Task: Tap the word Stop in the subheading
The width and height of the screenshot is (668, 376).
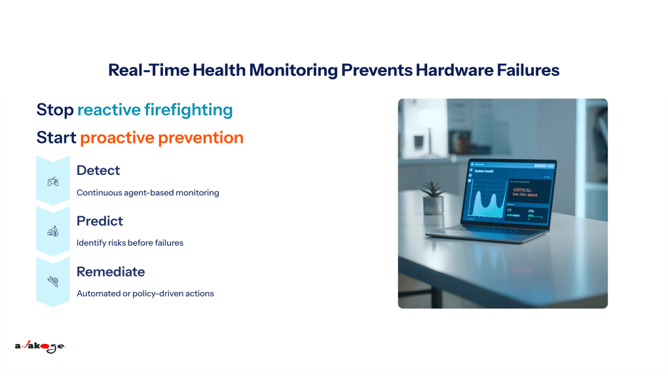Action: coord(55,109)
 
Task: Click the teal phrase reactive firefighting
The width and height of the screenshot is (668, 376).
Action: coord(155,109)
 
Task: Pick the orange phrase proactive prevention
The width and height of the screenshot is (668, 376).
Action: coord(162,138)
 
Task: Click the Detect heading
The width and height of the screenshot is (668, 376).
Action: coord(98,170)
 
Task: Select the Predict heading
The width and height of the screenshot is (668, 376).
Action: coord(100,221)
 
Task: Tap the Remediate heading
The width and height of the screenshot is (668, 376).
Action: coord(111,271)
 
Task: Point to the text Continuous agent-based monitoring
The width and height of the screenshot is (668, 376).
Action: coord(147,193)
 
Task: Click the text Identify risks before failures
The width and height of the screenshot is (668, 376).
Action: coord(130,243)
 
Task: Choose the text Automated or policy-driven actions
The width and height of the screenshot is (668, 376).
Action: coord(145,293)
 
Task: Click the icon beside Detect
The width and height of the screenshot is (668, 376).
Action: coord(52,181)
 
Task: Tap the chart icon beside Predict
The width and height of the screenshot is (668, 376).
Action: coord(52,231)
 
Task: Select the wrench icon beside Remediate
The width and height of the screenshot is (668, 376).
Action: coord(52,282)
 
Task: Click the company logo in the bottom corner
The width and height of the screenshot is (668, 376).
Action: coord(40,347)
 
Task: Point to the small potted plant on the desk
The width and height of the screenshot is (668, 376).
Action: coord(433,198)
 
